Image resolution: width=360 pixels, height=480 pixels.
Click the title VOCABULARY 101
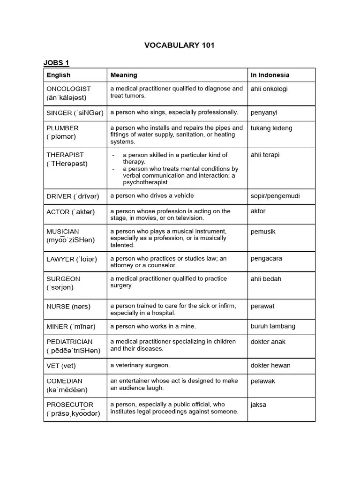coord(180,45)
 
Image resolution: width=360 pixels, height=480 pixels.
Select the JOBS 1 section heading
coord(56,63)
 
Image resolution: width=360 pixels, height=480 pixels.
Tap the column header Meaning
coord(124,75)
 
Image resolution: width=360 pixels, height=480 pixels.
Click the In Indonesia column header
coord(270,75)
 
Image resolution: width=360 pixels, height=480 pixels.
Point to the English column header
coord(59,75)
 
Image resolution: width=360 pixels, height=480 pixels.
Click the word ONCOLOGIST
coord(68,89)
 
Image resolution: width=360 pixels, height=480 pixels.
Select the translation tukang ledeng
coord(271,128)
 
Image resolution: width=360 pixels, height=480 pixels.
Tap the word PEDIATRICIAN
coord(69,342)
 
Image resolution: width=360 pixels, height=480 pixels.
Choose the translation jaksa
coord(258,405)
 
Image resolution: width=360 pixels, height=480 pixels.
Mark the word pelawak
coord(263,381)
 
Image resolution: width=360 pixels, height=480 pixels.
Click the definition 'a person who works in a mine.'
coord(153,326)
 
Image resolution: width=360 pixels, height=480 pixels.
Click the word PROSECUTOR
coord(70,405)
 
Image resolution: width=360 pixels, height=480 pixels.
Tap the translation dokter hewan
coord(270,366)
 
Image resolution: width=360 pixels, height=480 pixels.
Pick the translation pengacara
coord(266,258)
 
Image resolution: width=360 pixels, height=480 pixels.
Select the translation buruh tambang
coord(273,326)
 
